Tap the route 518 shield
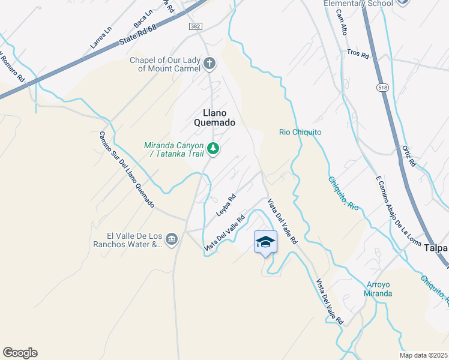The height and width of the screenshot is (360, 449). pyautogui.click(x=382, y=88)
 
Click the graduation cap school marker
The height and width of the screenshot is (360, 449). pyautogui.click(x=265, y=241)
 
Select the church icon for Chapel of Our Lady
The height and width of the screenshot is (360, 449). pyautogui.click(x=209, y=63)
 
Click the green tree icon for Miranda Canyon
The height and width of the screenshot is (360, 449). pyautogui.click(x=212, y=148)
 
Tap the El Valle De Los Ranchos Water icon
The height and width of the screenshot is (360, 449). pyautogui.click(x=172, y=239)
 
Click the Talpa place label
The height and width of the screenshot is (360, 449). pyautogui.click(x=436, y=247)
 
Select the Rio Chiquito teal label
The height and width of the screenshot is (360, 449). pyautogui.click(x=301, y=132)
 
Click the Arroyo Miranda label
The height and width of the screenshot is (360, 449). pyautogui.click(x=378, y=289)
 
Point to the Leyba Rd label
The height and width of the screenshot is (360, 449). pyautogui.click(x=226, y=205)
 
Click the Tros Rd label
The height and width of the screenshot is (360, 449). pyautogui.click(x=358, y=53)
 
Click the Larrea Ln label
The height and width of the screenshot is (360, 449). pyautogui.click(x=101, y=37)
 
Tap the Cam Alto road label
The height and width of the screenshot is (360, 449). pyautogui.click(x=342, y=22)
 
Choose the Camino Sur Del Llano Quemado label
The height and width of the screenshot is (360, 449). pyautogui.click(x=127, y=170)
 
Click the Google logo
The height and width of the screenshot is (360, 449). pyautogui.click(x=20, y=353)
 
